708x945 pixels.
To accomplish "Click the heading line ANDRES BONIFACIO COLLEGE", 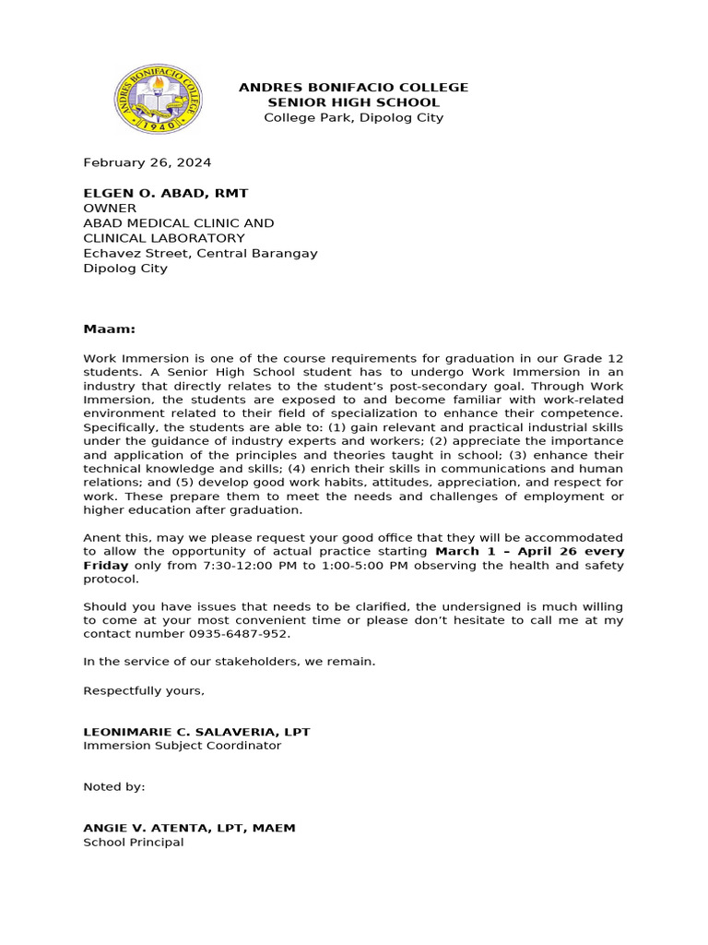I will [353, 87].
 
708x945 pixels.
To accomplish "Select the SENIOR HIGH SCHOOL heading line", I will [353, 102].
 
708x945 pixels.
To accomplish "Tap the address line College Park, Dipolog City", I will [353, 117].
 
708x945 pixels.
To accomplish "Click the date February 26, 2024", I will [147, 162].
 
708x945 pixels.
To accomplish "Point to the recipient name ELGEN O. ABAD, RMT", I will [165, 193].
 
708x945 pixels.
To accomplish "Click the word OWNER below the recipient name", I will [110, 209].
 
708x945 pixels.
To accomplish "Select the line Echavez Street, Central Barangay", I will [200, 253].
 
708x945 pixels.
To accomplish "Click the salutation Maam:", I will [109, 329].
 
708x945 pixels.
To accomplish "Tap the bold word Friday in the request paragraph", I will [107, 565].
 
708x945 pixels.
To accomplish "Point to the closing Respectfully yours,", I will [144, 690].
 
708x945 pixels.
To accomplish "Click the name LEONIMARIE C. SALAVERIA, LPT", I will [196, 732].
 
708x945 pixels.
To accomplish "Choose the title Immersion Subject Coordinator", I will [182, 746].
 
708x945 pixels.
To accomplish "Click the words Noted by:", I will [114, 787].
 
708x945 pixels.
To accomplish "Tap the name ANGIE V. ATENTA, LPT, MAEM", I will [189, 828].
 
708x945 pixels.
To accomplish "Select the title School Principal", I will [133, 842].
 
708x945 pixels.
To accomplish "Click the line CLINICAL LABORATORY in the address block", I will [164, 238].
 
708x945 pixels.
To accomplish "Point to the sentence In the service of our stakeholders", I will [230, 662].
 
